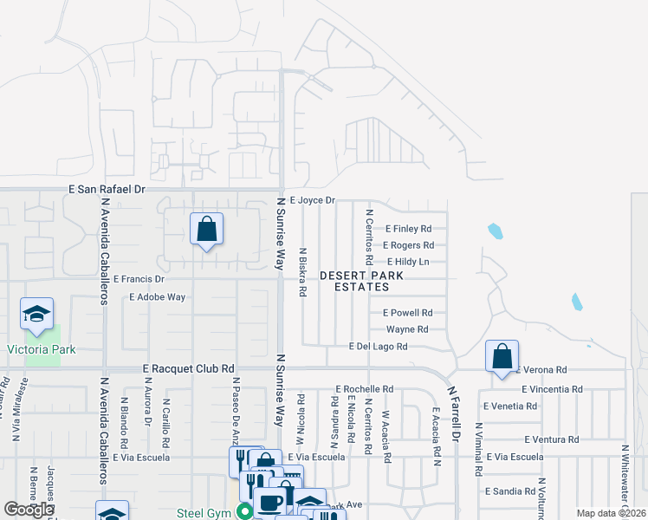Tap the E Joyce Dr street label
[x=312, y=200]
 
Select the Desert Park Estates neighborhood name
[x=361, y=281]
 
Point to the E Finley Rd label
[x=406, y=229]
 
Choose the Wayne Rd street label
[x=407, y=329]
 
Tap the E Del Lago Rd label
[x=378, y=347]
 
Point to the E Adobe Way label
[x=157, y=296]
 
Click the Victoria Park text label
[x=42, y=350]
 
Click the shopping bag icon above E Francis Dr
[x=207, y=230]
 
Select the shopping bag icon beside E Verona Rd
[x=502, y=356]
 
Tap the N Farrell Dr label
[x=453, y=413]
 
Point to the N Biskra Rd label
[x=302, y=272]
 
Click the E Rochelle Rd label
[x=364, y=389]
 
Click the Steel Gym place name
[x=204, y=512]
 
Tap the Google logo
[x=29, y=510]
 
